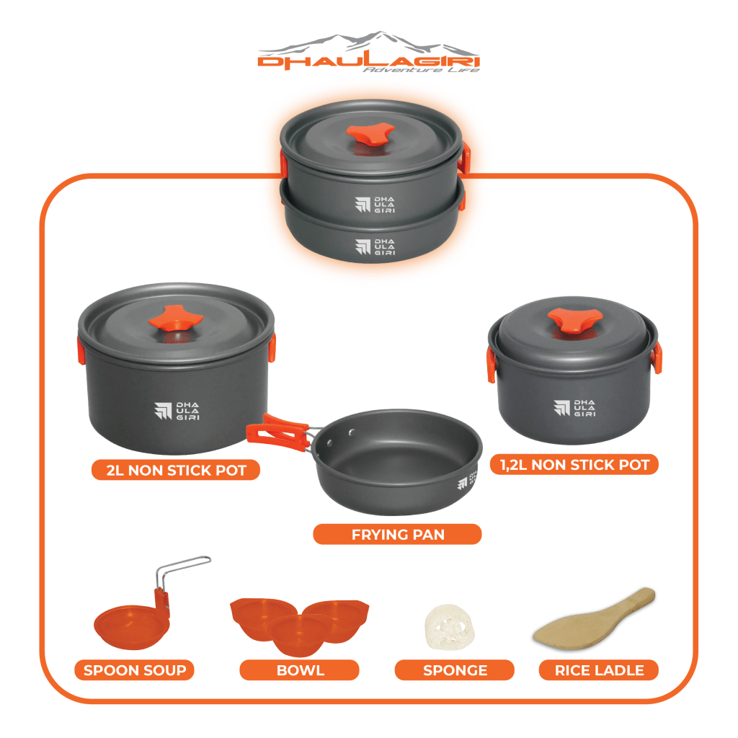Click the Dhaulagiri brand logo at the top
(368, 52)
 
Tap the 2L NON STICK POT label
(176, 470)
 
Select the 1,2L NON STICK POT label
(574, 465)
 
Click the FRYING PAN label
(397, 534)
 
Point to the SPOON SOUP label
(135, 670)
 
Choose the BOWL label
(300, 670)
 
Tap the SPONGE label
(455, 670)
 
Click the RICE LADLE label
(599, 670)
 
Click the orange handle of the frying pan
(278, 433)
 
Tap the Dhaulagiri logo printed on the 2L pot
(177, 411)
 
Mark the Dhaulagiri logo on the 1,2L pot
(574, 408)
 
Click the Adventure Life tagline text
(421, 70)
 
